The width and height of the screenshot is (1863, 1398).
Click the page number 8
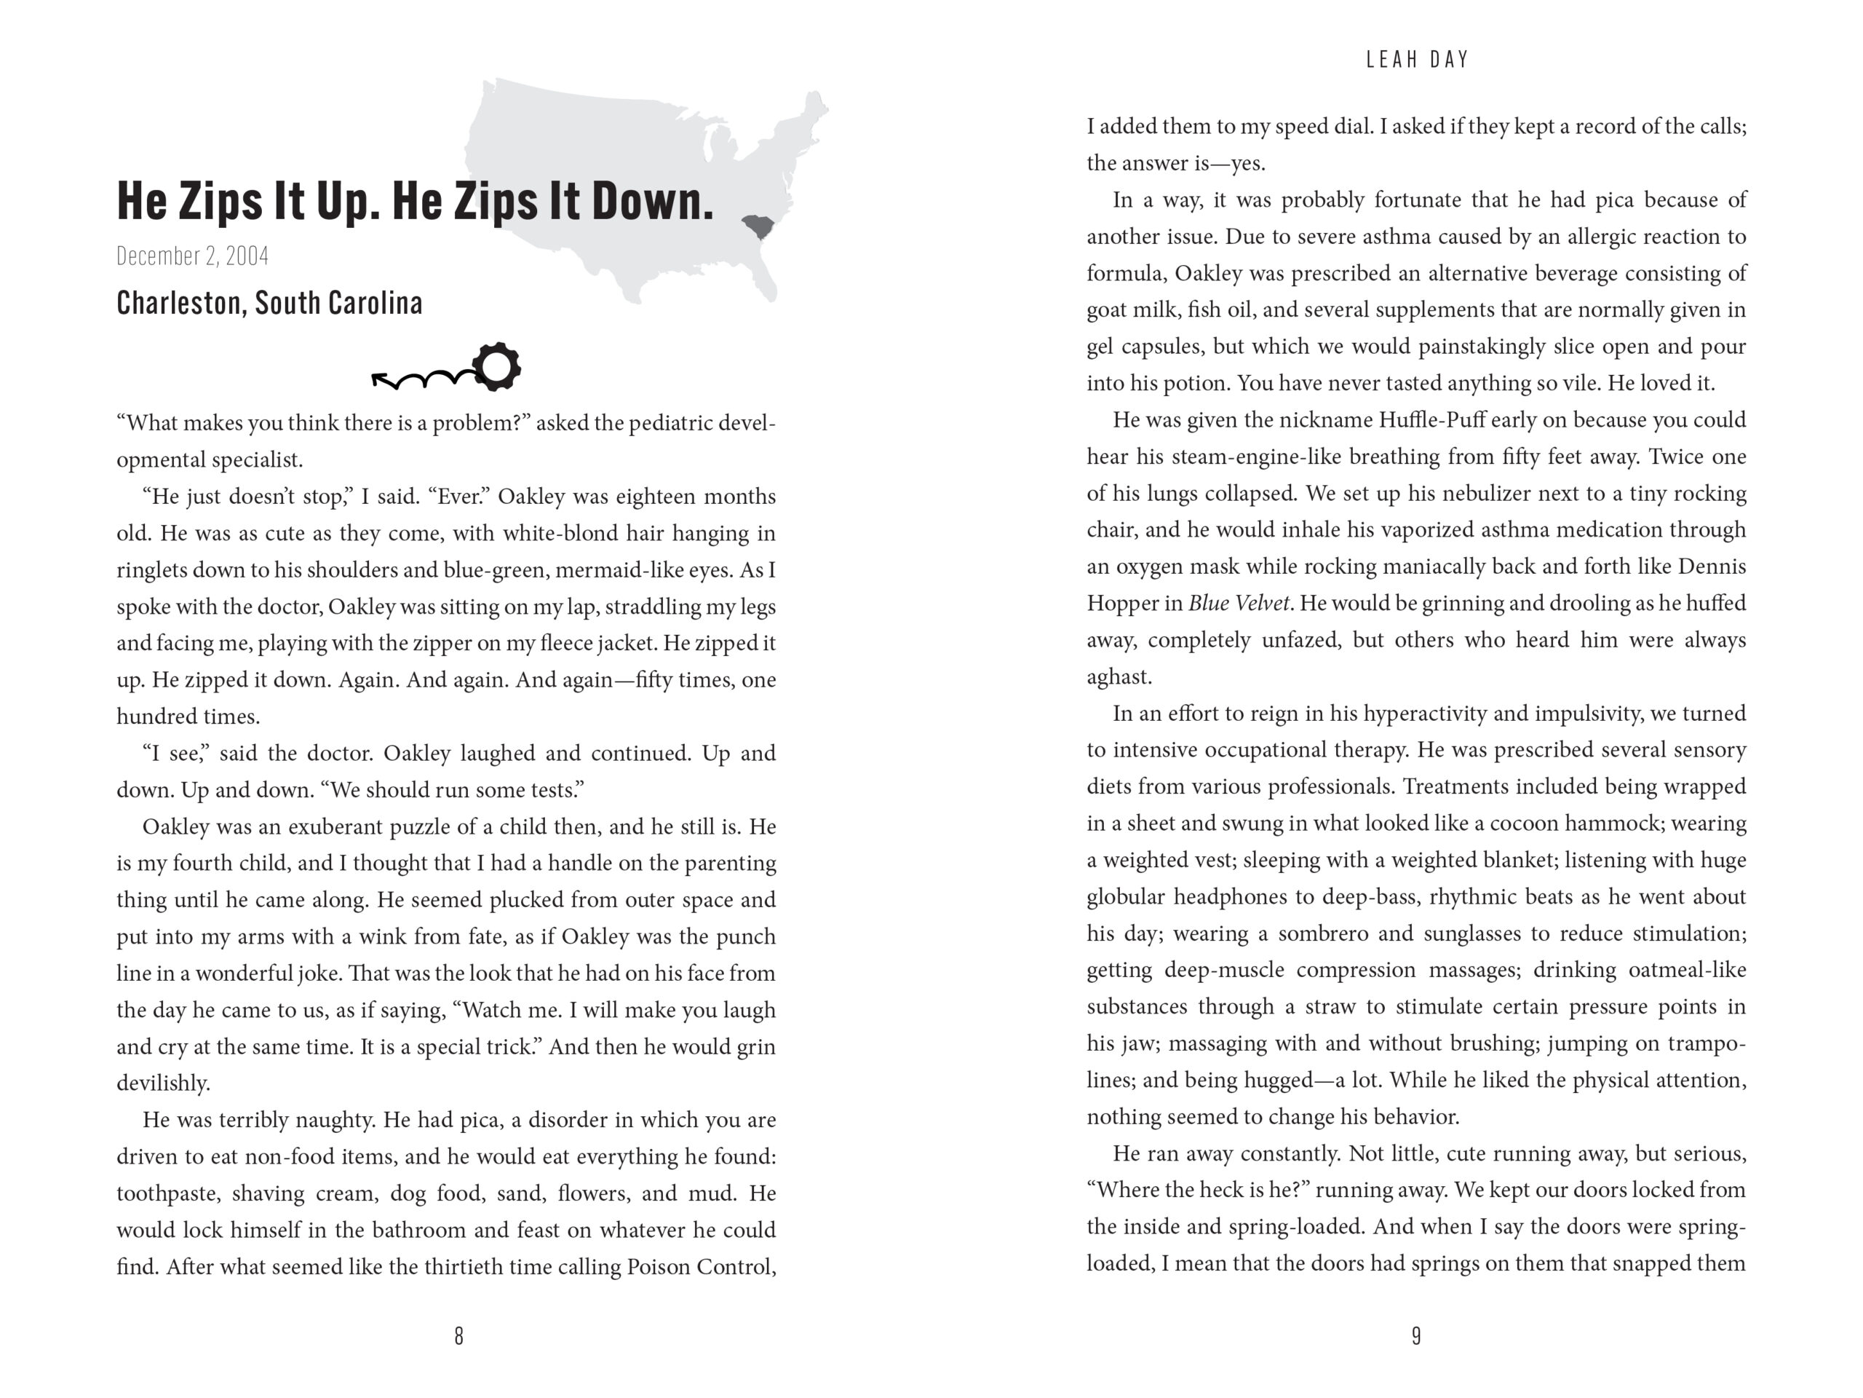[458, 1335]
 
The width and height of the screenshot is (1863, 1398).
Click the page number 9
[1415, 1335]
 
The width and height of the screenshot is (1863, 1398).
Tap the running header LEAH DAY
[1417, 60]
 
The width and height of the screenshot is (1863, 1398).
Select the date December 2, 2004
[193, 256]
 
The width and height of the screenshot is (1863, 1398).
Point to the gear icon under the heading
[496, 366]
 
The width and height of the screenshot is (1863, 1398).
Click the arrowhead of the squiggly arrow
[378, 380]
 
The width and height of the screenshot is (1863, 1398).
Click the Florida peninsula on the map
[766, 283]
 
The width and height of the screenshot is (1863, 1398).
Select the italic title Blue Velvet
[1238, 604]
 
